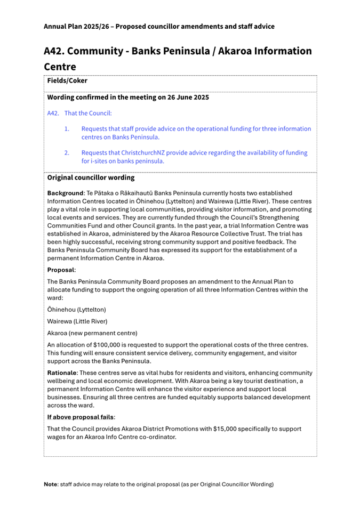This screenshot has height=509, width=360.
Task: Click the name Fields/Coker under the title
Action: click(67, 81)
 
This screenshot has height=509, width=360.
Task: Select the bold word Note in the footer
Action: click(51, 484)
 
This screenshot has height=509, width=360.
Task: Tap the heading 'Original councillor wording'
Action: click(91, 177)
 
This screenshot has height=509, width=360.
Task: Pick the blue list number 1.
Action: click(67, 129)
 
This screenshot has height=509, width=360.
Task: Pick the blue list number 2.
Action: click(67, 152)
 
